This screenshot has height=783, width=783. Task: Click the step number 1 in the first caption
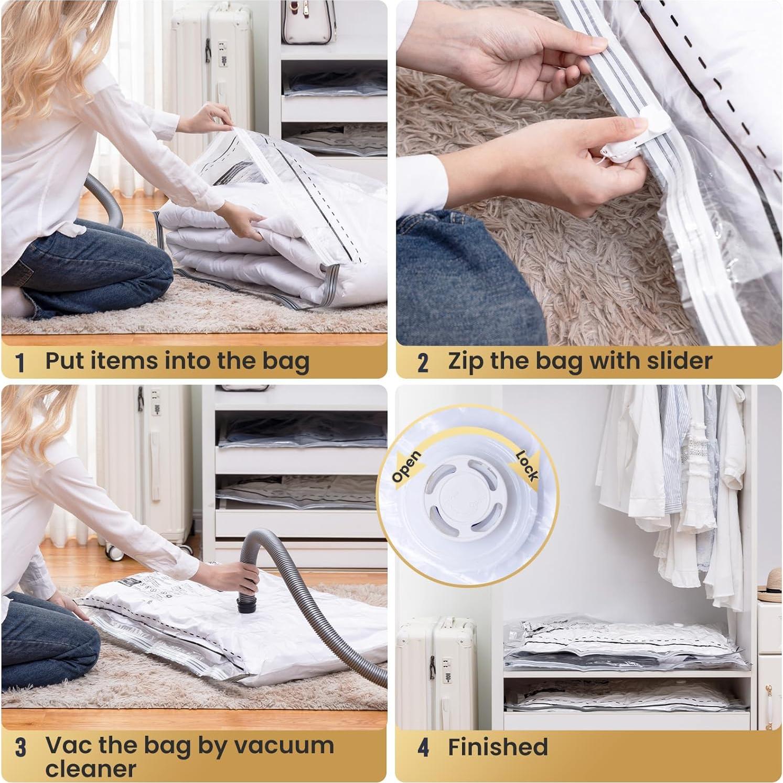coord(20,362)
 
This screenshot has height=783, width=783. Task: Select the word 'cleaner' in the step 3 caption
coord(90,769)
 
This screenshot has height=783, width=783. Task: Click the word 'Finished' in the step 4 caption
coord(497,747)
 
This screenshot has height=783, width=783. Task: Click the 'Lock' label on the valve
coord(527,465)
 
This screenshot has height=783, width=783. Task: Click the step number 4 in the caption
coord(423,747)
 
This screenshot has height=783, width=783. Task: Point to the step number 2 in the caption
coord(423,362)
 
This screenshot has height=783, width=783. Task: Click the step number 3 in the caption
coord(20,747)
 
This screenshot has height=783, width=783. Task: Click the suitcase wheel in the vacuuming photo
coord(111,551)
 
